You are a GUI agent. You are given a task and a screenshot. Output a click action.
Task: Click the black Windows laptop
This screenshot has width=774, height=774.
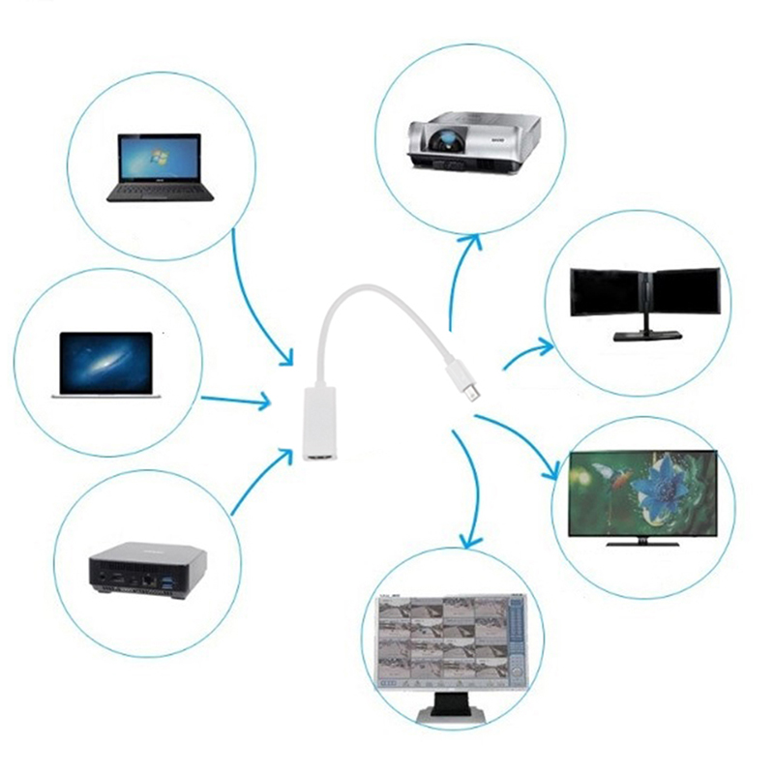160,166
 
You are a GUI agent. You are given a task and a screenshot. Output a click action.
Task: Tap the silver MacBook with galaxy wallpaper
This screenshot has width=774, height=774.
105,363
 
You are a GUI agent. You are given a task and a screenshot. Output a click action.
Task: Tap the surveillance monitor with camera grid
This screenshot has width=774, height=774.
448,642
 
